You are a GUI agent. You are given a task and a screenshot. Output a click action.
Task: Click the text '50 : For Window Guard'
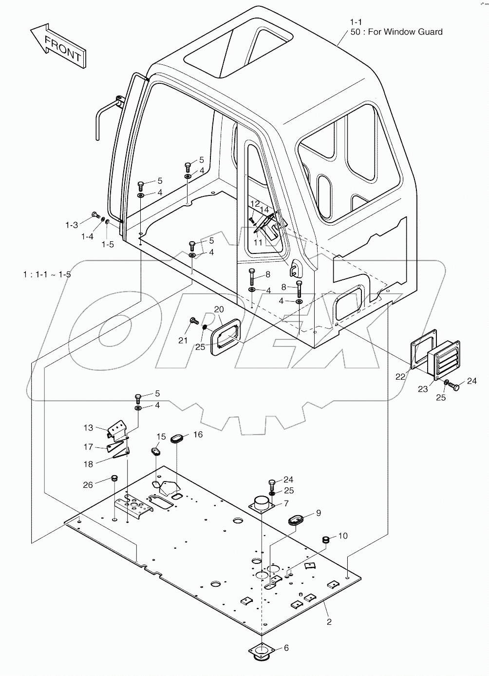tap(396, 32)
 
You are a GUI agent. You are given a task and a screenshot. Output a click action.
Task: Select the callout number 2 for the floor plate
tap(329, 622)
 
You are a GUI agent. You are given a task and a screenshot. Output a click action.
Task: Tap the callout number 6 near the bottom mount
tap(286, 648)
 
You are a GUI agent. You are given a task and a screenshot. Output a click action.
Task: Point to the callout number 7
tap(286, 503)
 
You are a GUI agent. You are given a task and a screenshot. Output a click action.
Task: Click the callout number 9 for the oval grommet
tap(319, 513)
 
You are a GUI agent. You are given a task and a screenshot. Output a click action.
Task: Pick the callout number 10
tap(343, 536)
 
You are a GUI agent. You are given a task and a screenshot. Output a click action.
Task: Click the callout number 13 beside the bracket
tap(88, 428)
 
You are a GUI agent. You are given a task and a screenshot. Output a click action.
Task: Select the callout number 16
tap(198, 434)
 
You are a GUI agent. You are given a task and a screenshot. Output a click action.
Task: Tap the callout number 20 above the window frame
tap(219, 309)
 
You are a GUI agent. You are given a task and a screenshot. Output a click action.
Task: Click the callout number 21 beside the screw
tap(183, 340)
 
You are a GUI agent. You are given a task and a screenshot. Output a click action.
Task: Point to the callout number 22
tap(400, 376)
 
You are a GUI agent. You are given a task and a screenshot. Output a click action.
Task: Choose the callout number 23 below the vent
tap(422, 389)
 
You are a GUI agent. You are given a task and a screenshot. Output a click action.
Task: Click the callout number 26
tap(88, 484)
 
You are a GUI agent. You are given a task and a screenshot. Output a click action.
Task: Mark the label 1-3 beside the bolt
tap(72, 225)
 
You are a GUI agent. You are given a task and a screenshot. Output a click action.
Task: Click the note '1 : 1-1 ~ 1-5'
tap(47, 274)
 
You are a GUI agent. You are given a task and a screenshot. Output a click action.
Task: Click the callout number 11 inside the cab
tap(258, 242)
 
